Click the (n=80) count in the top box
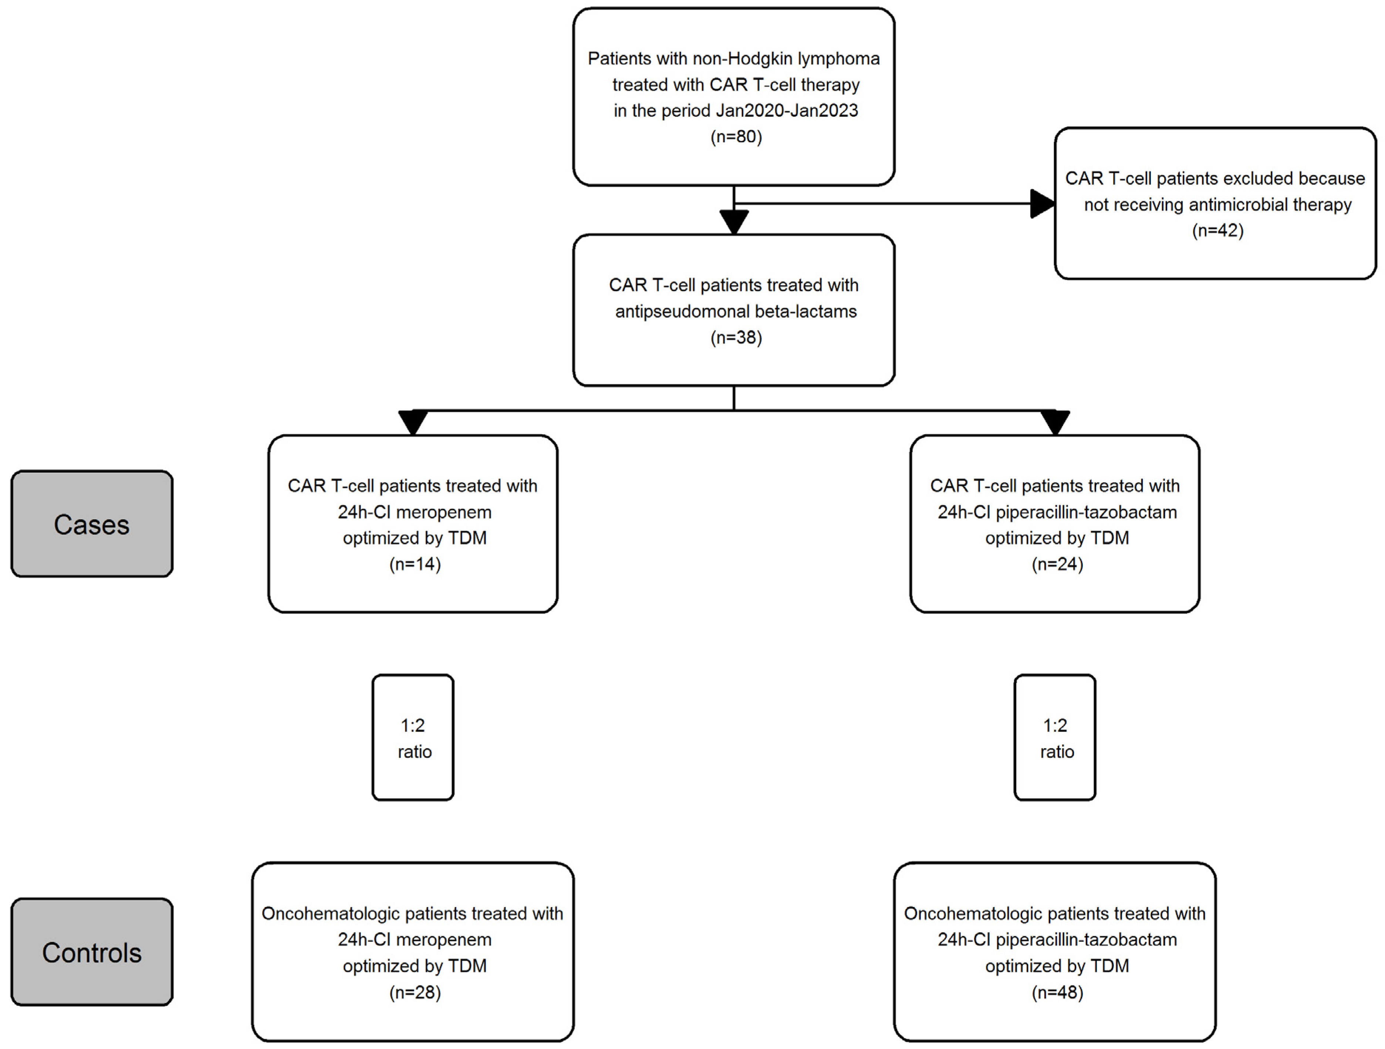(x=736, y=136)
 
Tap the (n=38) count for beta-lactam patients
(x=736, y=337)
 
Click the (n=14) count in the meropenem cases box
(x=415, y=564)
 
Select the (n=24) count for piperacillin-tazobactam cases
(x=1057, y=564)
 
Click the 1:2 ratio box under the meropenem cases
(x=413, y=737)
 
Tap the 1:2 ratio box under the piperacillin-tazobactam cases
(x=1055, y=737)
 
